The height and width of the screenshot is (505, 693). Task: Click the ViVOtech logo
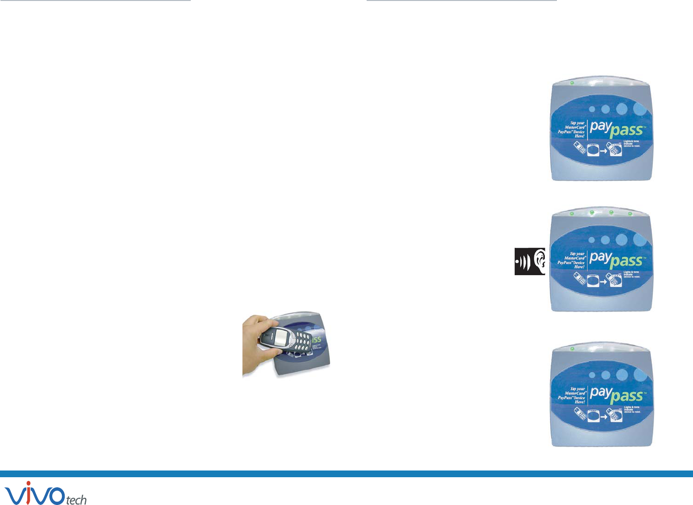[x=46, y=494]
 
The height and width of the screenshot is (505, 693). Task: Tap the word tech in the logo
[x=76, y=500]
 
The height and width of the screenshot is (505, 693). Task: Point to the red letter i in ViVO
[x=28, y=493]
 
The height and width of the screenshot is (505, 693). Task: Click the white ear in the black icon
[x=540, y=261]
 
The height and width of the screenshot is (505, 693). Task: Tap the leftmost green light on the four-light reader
[x=572, y=213]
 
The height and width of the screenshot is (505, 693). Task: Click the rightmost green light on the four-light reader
[x=630, y=214]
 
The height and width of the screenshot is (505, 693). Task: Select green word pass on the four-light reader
[x=626, y=262]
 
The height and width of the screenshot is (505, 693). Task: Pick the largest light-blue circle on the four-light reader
[x=639, y=239]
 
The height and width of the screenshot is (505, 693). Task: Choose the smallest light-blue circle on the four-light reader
[x=592, y=240]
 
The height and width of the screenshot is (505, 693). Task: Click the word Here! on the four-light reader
[x=579, y=267]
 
